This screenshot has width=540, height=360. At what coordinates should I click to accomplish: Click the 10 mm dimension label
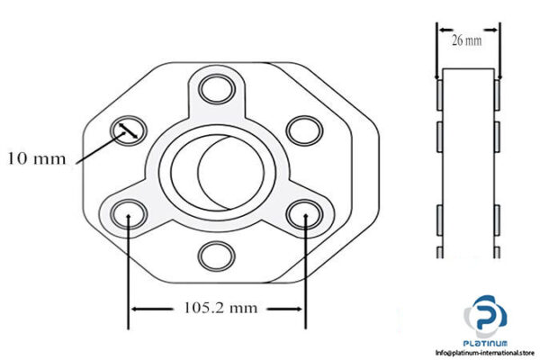click(36, 159)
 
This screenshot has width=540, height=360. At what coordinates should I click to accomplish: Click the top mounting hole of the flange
click(215, 88)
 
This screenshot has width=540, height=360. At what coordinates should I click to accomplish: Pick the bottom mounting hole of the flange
click(215, 256)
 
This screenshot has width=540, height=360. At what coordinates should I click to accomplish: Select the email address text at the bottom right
click(487, 353)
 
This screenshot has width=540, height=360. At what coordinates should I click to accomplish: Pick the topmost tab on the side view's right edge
click(496, 94)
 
